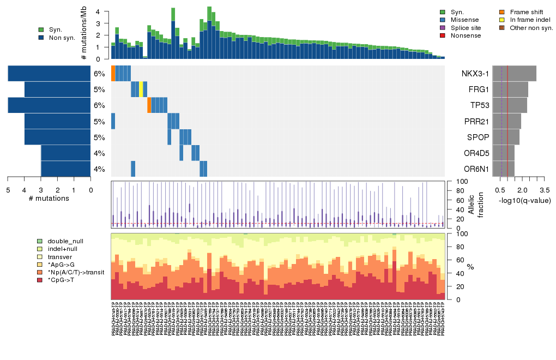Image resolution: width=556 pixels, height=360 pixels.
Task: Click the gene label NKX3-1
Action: click(x=476, y=74)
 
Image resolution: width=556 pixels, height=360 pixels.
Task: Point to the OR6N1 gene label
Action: click(x=476, y=169)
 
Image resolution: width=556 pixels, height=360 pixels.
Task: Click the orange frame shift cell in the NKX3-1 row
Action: click(x=113, y=73)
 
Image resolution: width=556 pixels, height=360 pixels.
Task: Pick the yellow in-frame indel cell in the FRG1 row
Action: click(x=141, y=89)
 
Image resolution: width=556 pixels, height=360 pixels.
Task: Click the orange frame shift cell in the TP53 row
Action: click(x=149, y=105)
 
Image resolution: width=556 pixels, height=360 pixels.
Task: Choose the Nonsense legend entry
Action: click(x=467, y=35)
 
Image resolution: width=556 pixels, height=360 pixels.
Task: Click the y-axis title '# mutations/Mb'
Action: click(x=84, y=34)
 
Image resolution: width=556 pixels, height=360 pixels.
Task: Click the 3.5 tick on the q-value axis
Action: click(x=545, y=190)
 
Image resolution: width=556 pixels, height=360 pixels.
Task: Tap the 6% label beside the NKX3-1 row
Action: click(x=99, y=74)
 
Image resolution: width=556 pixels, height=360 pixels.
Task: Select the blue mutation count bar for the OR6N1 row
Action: click(x=65, y=169)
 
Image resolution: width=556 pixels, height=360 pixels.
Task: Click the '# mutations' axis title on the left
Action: click(x=49, y=199)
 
